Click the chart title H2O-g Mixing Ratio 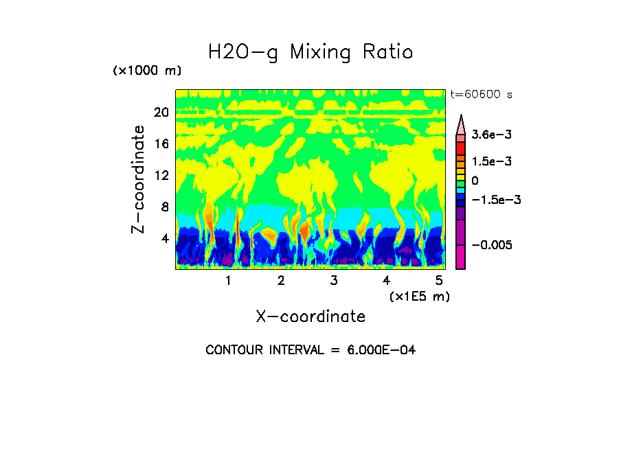pyautogui.click(x=310, y=52)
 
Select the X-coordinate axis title pyautogui.click(x=310, y=316)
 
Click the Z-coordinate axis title pyautogui.click(x=139, y=179)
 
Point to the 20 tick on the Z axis pyautogui.click(x=161, y=113)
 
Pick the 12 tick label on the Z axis pyautogui.click(x=161, y=176)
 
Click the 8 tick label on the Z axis pyautogui.click(x=164, y=207)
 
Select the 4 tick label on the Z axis pyautogui.click(x=164, y=239)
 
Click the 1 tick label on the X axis pyautogui.click(x=228, y=281)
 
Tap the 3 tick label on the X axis pyautogui.click(x=333, y=281)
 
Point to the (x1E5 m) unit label pyautogui.click(x=419, y=297)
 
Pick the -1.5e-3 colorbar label pyautogui.click(x=495, y=200)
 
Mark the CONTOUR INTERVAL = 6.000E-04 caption pyautogui.click(x=310, y=350)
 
